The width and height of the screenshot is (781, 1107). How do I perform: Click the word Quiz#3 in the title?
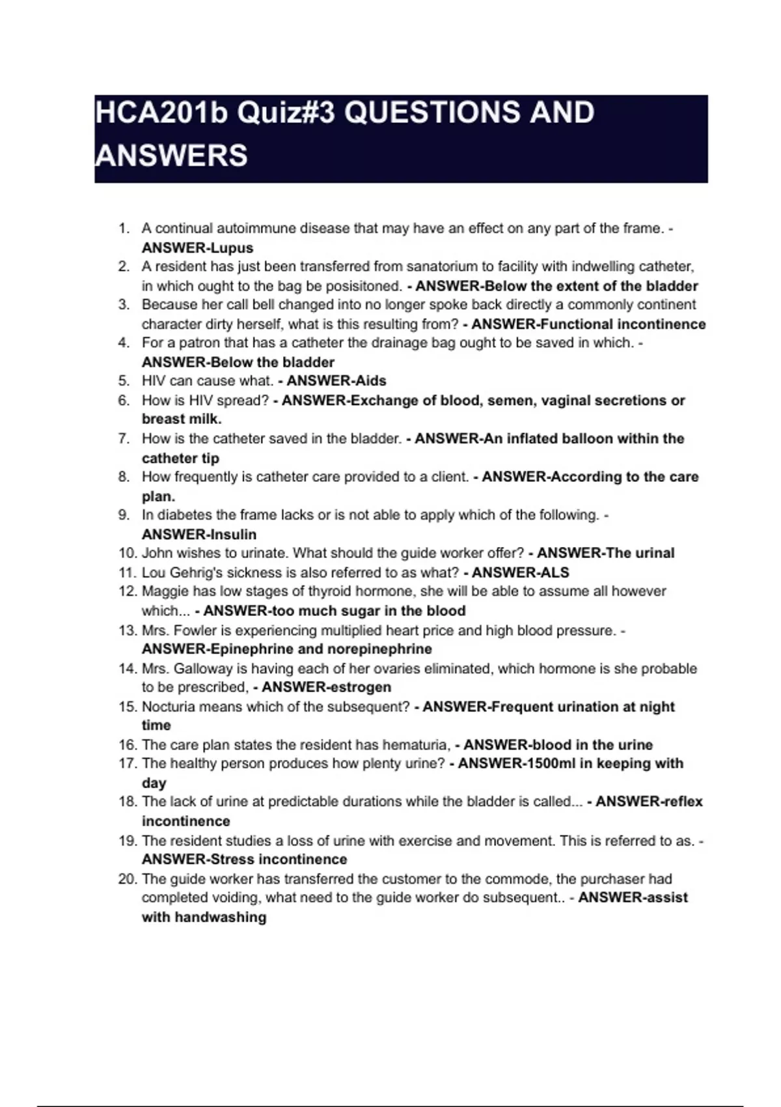point(286,113)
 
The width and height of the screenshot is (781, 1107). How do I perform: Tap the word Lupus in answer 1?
point(232,248)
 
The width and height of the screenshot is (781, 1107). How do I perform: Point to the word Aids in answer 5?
point(372,381)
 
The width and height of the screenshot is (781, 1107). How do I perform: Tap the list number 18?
point(127,802)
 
